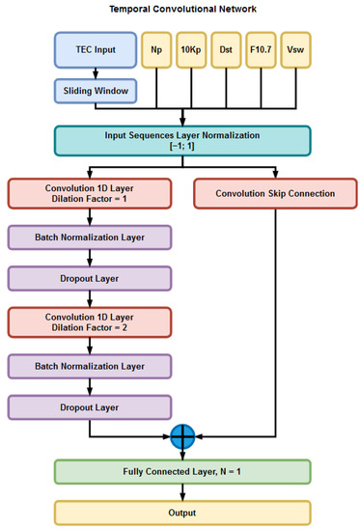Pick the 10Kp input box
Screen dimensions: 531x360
click(192, 49)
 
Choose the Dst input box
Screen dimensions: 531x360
click(227, 49)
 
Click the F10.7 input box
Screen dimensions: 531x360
click(263, 49)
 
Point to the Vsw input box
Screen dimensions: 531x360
click(295, 49)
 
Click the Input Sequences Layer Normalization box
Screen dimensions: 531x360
click(182, 141)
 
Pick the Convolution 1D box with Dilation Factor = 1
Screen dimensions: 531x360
click(90, 193)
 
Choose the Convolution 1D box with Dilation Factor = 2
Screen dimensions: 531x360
click(90, 321)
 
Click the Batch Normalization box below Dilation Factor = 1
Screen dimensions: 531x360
click(90, 238)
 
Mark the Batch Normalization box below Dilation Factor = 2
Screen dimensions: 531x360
click(90, 366)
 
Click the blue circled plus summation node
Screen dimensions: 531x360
click(182, 435)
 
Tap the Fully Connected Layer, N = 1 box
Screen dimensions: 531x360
click(182, 472)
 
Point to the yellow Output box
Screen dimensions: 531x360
click(182, 512)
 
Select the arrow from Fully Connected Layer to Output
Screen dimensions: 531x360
click(182, 492)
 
